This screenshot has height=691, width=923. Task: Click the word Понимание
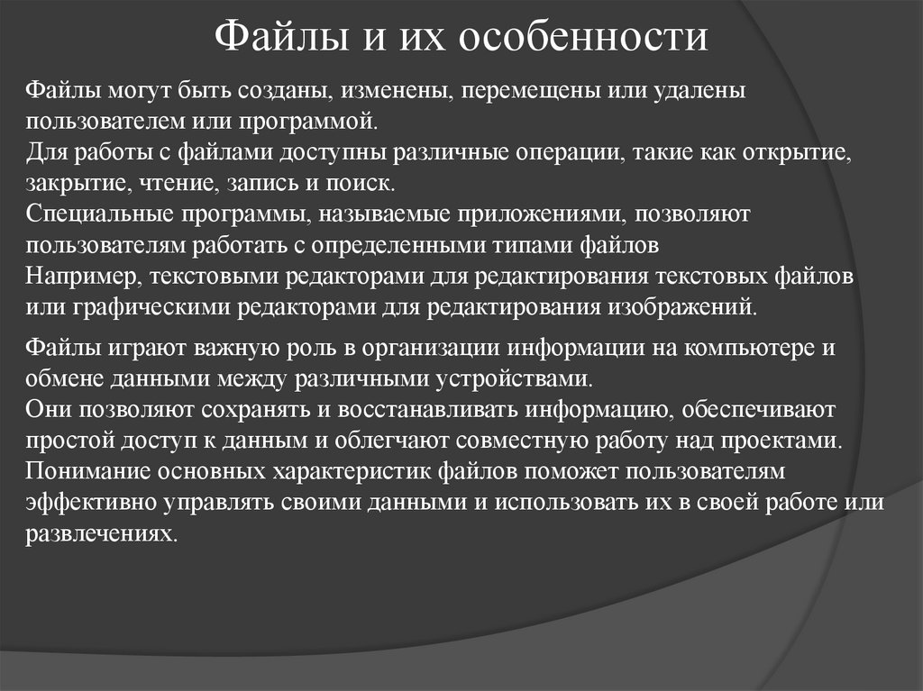coord(87,472)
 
